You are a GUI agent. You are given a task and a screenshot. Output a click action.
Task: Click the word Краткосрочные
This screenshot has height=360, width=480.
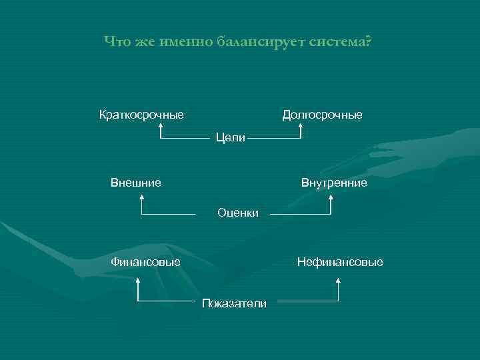141,115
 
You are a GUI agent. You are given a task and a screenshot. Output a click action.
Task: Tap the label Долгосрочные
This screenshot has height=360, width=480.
323,115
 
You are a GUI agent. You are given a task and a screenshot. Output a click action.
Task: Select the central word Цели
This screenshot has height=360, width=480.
231,138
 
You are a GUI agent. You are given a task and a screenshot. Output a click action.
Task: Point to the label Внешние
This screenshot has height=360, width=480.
135,182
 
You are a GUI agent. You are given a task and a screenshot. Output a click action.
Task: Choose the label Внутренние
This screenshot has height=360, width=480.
334,182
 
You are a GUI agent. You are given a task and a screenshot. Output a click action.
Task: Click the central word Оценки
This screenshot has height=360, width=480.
238,213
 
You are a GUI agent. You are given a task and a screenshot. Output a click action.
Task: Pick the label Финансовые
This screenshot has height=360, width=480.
145,262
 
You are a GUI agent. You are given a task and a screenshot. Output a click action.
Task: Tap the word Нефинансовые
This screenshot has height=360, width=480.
340,262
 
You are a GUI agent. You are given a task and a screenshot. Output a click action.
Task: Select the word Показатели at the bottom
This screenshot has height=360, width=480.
234,303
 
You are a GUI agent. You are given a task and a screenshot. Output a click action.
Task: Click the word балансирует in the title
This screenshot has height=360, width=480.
261,43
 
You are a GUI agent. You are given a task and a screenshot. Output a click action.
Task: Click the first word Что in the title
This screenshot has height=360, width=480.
117,43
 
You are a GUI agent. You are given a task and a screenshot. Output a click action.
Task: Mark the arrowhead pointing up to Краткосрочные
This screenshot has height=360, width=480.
161,127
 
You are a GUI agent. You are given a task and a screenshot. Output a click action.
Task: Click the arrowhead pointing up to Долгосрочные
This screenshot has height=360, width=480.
301,127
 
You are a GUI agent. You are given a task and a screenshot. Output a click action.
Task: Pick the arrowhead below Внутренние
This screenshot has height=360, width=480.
331,197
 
